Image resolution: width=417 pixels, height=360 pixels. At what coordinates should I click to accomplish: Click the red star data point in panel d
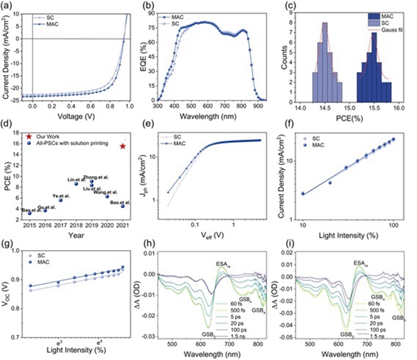(x=122, y=146)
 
